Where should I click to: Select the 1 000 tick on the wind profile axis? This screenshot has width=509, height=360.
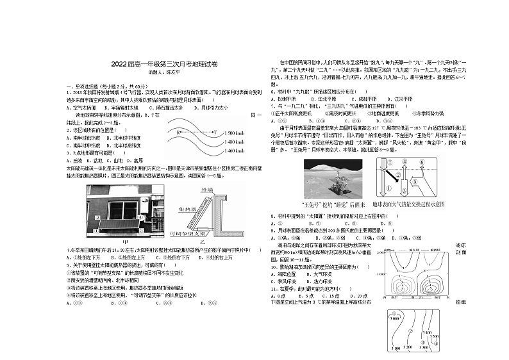click(380, 274)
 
